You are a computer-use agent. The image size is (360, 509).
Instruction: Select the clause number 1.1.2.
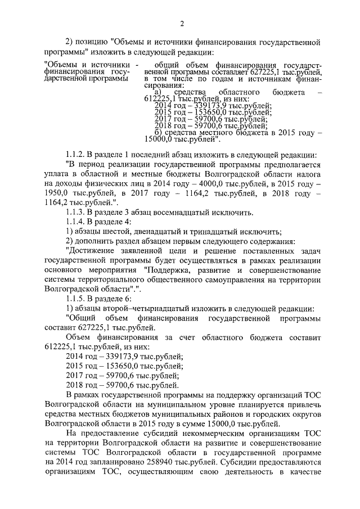(x=76, y=154)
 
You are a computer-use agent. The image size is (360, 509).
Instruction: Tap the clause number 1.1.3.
(x=76, y=212)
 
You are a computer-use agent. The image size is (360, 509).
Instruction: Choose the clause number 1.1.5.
(x=76, y=299)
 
